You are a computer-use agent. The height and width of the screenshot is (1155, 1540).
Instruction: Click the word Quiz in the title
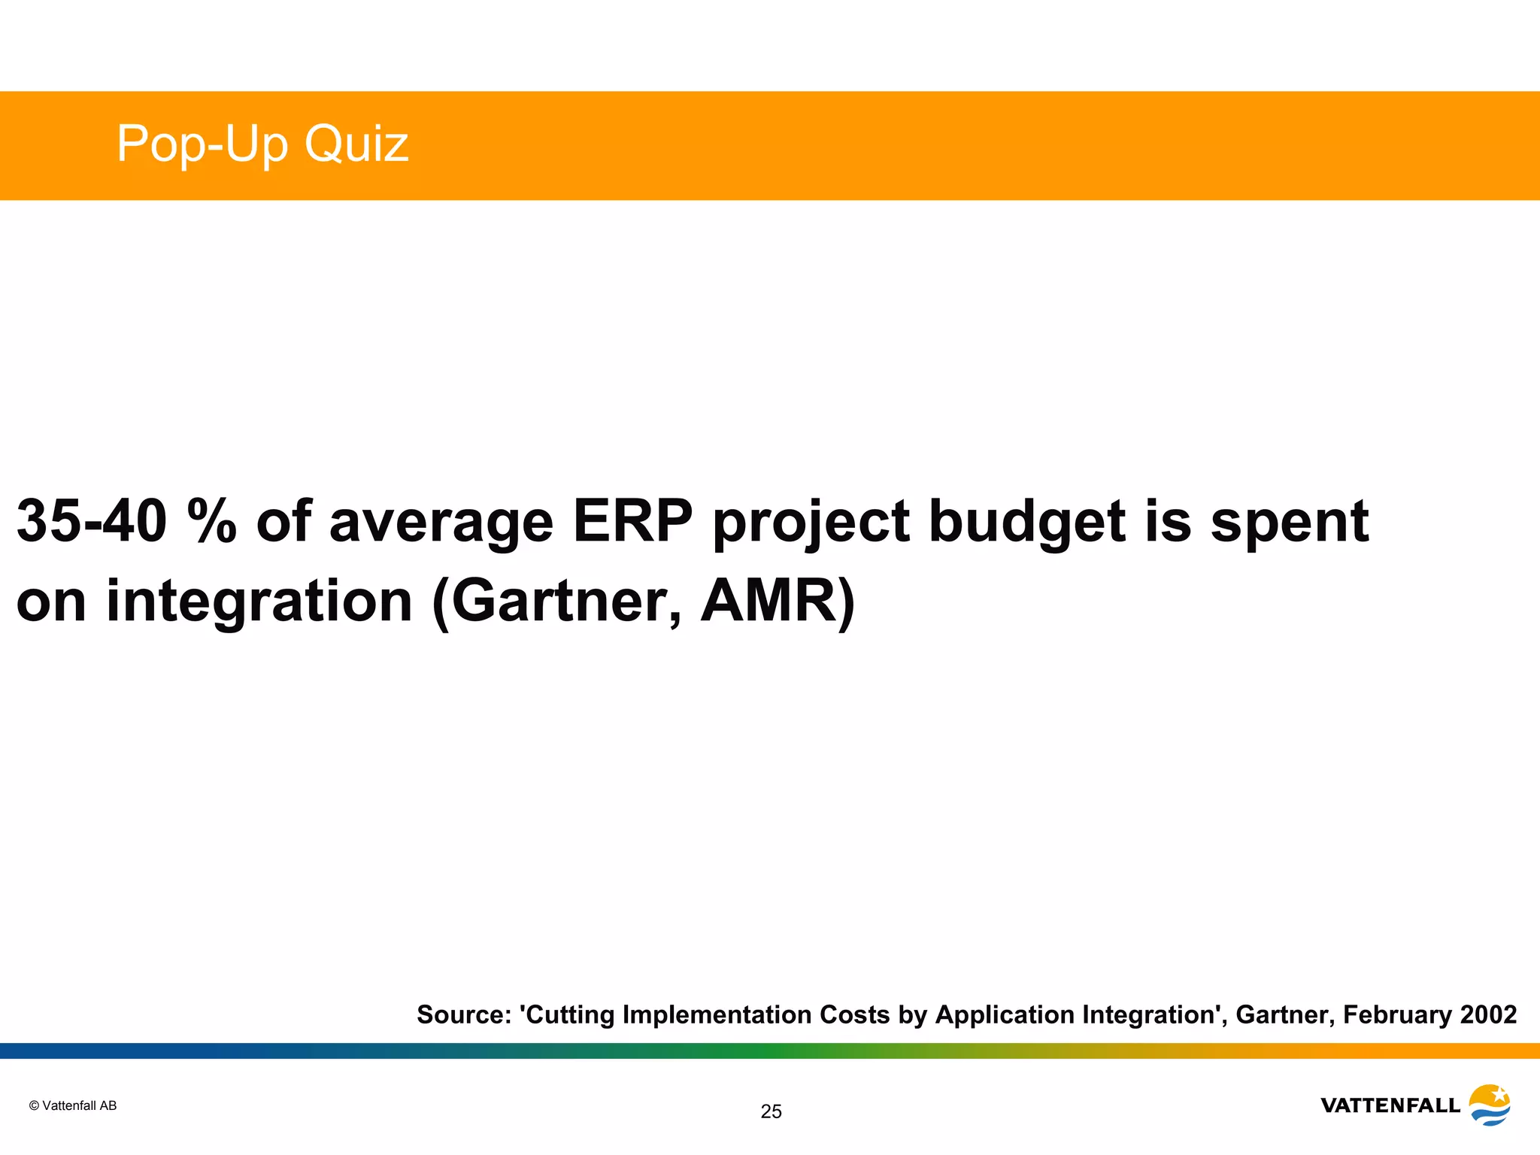(x=356, y=144)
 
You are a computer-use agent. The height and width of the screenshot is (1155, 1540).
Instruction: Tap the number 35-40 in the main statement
(x=91, y=520)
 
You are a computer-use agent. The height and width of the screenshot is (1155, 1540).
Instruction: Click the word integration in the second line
(x=259, y=602)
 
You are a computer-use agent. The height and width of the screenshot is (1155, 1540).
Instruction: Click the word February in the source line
(x=1397, y=1014)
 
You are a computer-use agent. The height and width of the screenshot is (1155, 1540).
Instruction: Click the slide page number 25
(x=771, y=1111)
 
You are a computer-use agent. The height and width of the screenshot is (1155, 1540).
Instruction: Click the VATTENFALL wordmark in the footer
(x=1390, y=1105)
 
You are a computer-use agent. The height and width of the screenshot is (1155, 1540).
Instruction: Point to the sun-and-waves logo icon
(x=1489, y=1105)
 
